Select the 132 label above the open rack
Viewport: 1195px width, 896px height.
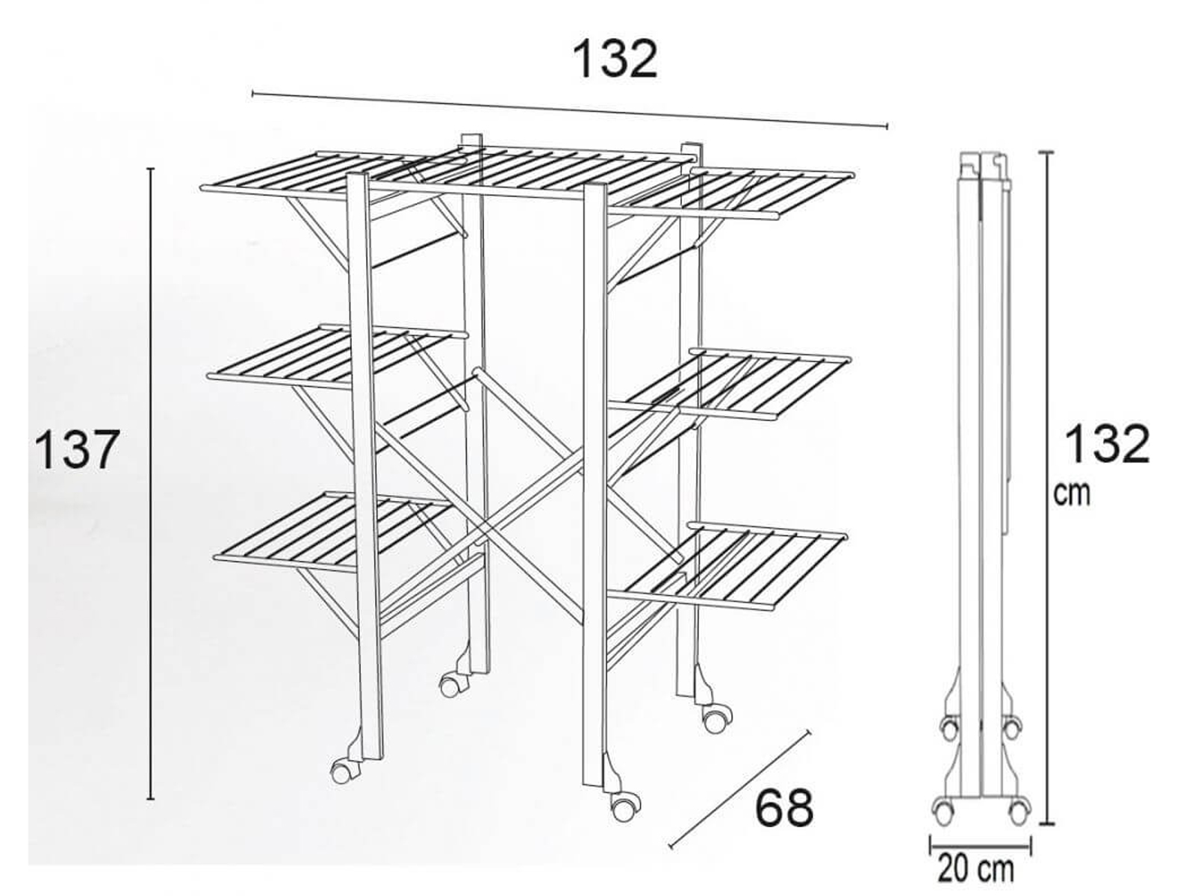tap(615, 59)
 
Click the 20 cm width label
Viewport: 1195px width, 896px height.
tap(976, 869)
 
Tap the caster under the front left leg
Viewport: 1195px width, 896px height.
tap(342, 771)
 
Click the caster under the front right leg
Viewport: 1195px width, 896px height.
tap(624, 807)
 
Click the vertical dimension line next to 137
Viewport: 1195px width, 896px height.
tap(151, 484)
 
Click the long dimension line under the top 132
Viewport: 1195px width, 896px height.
tap(570, 110)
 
